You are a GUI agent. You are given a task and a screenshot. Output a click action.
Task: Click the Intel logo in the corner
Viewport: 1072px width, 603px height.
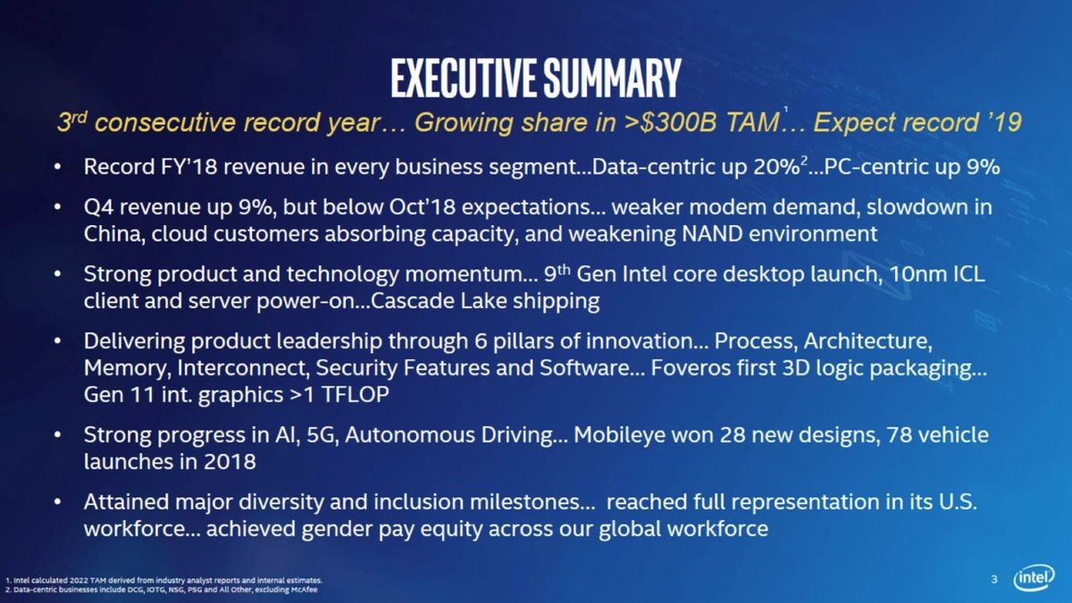pyautogui.click(x=1034, y=579)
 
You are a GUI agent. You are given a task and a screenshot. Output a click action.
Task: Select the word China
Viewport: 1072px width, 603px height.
pyautogui.click(x=111, y=235)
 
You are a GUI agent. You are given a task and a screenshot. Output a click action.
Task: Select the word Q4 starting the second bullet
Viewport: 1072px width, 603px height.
pyautogui.click(x=97, y=208)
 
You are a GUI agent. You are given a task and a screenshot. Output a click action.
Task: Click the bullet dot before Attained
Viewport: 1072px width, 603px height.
pyautogui.click(x=58, y=503)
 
